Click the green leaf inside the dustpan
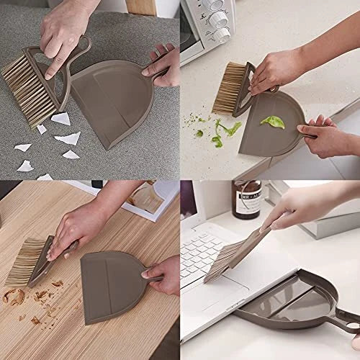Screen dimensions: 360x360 pos(272,122)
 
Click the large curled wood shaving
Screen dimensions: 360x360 pos(14,296)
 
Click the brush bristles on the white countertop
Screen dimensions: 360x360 pos(228,88)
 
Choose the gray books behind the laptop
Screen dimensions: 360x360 pos(317,216)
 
